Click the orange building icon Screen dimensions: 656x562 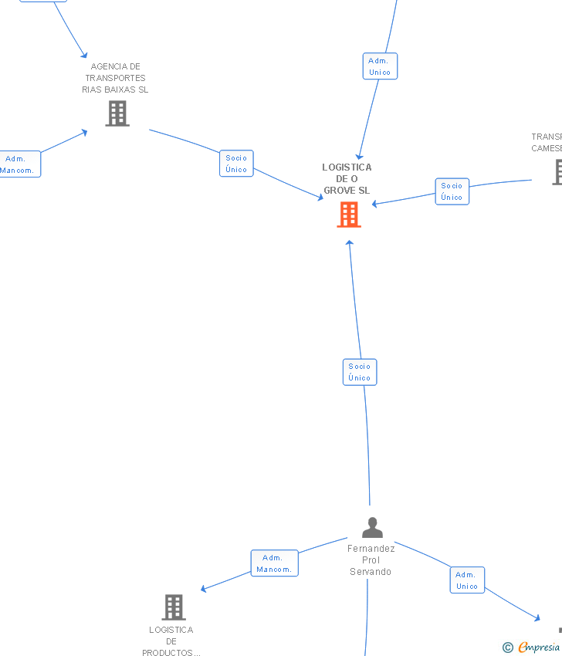pos(349,215)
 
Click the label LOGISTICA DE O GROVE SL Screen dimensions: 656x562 pos(347,178)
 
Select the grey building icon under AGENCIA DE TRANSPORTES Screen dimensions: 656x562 pos(117,113)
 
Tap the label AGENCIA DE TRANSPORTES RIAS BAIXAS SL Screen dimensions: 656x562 pos(115,78)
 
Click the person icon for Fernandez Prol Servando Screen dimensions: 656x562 pos(372,528)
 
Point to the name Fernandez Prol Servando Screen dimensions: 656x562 pos(371,560)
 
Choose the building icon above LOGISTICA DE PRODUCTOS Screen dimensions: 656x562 pos(174,607)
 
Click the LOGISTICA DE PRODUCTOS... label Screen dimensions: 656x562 pos(171,641)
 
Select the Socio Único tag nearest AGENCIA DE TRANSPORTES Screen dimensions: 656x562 pos(236,164)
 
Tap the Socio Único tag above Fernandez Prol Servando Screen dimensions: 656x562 pos(360,372)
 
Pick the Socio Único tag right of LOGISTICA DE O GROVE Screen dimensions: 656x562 pos(452,191)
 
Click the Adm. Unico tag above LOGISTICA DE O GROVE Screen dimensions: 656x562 pos(380,66)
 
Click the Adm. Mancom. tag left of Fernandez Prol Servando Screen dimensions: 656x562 pos(274,563)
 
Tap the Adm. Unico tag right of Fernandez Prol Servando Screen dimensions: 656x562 pos(467,580)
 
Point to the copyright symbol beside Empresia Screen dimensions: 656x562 pos(508,648)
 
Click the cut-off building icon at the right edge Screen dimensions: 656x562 pos(557,172)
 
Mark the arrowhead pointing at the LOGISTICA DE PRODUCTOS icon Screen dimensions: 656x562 pos(204,589)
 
